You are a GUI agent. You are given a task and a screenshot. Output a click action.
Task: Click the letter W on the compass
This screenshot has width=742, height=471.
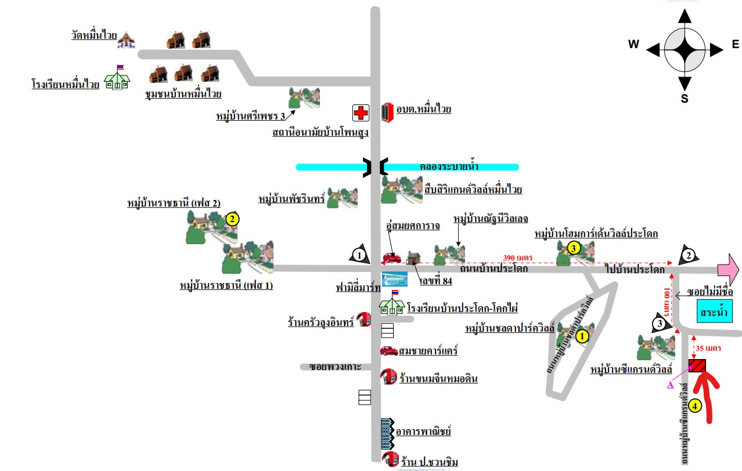633,45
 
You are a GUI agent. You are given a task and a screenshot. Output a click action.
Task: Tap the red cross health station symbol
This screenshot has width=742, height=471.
361,113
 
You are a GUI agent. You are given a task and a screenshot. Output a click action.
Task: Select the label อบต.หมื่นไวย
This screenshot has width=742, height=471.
424,109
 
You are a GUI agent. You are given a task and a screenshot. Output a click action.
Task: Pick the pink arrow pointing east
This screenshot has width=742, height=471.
728,269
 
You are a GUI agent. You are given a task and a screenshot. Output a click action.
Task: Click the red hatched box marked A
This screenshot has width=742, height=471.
697,365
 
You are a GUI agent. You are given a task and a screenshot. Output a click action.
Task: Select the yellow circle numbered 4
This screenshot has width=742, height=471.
696,405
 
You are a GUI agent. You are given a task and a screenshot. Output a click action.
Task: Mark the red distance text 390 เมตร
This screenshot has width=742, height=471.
517,258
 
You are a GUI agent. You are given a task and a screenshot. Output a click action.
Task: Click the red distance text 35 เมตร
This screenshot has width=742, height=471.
708,349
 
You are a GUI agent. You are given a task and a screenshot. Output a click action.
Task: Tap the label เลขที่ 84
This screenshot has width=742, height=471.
435,282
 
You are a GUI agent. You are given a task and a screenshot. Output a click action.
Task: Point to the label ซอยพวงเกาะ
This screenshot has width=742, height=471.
335,367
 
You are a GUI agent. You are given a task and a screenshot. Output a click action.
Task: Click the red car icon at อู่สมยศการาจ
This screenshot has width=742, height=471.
391,258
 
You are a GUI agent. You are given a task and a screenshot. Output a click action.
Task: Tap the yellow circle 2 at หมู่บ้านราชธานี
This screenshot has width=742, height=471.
232,219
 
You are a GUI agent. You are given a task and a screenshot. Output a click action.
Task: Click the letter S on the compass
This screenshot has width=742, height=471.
685,99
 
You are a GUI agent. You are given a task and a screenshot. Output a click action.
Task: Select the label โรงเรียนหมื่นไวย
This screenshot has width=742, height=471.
65,85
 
